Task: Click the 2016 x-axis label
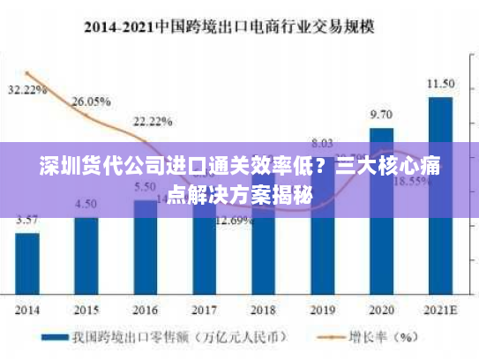click(x=146, y=310)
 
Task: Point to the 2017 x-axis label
click(x=204, y=310)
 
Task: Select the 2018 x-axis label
click(x=264, y=310)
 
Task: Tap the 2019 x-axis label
click(x=322, y=310)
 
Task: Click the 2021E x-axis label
click(x=440, y=310)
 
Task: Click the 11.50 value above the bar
click(x=440, y=85)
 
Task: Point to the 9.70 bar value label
click(x=381, y=115)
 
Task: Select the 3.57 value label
click(x=27, y=220)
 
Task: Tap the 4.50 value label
click(x=86, y=203)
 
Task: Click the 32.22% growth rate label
click(x=27, y=90)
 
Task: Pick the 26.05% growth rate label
click(x=91, y=101)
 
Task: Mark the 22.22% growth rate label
click(x=153, y=121)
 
